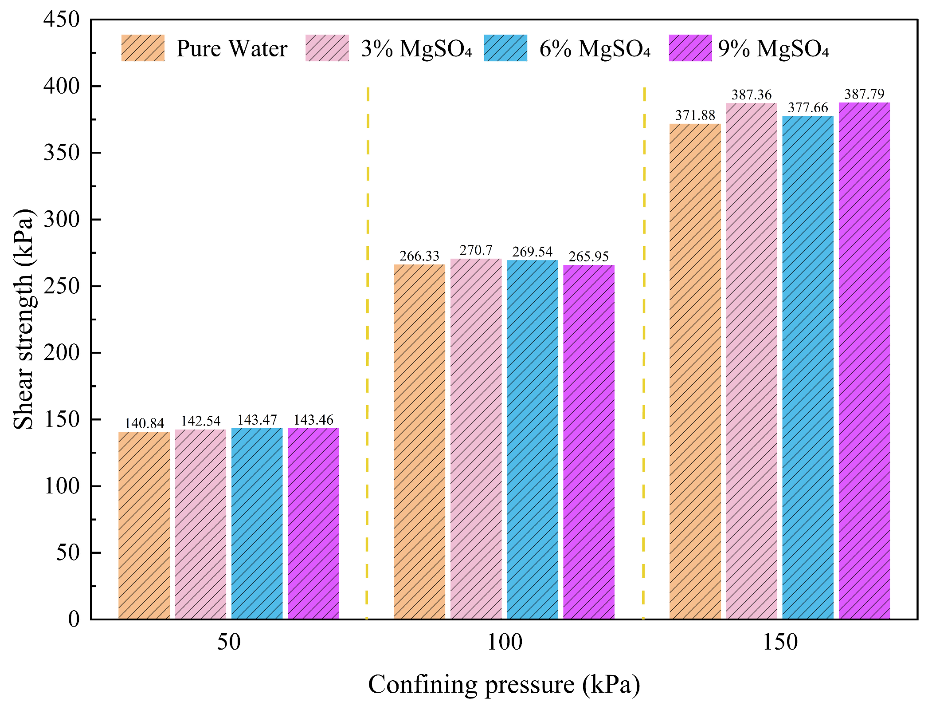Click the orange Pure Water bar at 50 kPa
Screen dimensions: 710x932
point(144,526)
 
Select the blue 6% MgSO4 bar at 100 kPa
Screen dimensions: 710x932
point(532,439)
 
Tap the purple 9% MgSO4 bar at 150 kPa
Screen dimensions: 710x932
point(864,360)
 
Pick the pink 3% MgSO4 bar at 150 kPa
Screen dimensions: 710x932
point(752,360)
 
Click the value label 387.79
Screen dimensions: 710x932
point(864,94)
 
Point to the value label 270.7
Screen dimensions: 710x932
point(476,251)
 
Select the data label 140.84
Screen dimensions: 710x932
point(144,423)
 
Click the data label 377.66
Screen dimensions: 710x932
point(808,108)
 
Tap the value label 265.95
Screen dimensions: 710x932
point(588,256)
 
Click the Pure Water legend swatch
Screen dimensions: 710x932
point(143,48)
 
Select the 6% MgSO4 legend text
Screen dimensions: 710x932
point(595,49)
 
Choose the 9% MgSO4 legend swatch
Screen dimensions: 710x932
point(690,48)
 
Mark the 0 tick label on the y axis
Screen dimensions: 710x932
point(74,619)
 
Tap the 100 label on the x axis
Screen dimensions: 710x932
point(504,643)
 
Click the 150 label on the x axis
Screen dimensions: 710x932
point(780,643)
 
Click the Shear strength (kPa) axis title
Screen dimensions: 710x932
point(24,319)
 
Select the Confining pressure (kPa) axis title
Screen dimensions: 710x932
point(504,685)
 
